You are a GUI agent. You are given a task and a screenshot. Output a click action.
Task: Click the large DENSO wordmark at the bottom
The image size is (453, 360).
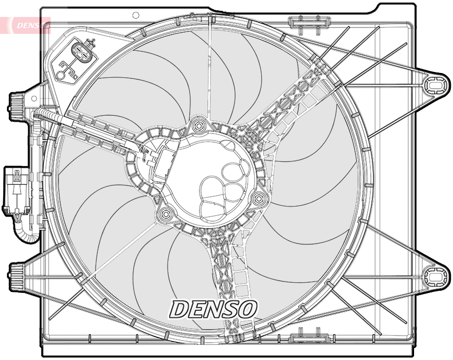213,309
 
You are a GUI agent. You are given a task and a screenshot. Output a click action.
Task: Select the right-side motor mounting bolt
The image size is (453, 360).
258,198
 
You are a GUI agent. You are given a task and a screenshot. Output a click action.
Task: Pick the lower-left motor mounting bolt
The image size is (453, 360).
165,214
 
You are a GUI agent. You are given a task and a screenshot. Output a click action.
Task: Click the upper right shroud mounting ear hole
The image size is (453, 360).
434,85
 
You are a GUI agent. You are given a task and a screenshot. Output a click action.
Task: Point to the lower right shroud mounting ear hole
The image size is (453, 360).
434,277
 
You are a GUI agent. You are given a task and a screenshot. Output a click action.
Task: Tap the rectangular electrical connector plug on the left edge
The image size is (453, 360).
16,191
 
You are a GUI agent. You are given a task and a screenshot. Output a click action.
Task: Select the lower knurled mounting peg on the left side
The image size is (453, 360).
16,277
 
